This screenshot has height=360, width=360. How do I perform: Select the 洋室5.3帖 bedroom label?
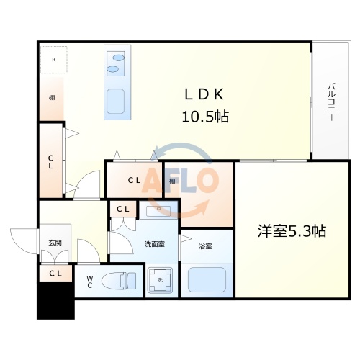pyautogui.click(x=292, y=231)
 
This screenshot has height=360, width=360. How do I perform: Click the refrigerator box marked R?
pyautogui.click(x=53, y=60)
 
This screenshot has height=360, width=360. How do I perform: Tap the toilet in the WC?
pyautogui.click(x=120, y=279)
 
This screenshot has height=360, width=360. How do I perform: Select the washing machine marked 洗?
pyautogui.click(x=159, y=280)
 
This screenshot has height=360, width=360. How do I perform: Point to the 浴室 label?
pyautogui.click(x=205, y=246)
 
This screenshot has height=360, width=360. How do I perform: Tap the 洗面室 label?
pyautogui.click(x=153, y=243)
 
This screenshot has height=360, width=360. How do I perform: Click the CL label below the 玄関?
pyautogui.click(x=55, y=273)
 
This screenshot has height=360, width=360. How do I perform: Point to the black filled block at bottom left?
pyautogui.click(x=56, y=300)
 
